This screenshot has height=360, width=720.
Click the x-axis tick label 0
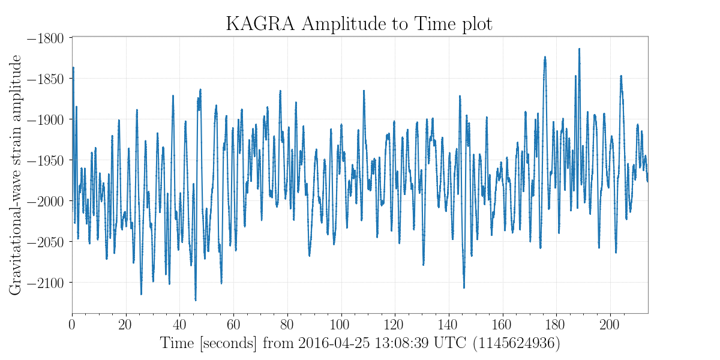coord(73,325)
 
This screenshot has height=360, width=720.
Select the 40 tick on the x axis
coord(179,325)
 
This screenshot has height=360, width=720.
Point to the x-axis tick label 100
coord(341,325)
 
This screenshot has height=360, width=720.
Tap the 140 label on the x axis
coord(448,325)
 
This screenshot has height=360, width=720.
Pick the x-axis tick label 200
coord(610,325)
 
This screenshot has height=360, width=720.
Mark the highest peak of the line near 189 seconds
coord(579,49)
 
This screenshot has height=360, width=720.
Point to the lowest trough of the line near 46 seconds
coord(196,299)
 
